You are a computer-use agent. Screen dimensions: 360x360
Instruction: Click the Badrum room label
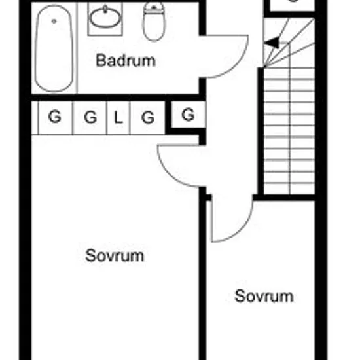click(x=126, y=61)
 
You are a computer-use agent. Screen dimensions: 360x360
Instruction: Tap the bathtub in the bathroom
click(x=54, y=48)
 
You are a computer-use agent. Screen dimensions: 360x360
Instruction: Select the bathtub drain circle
click(x=54, y=22)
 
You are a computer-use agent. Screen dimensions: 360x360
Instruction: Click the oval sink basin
click(x=105, y=18)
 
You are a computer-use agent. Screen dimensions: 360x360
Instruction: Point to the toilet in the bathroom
click(x=154, y=22)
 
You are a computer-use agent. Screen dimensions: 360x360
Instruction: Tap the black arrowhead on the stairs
click(x=272, y=43)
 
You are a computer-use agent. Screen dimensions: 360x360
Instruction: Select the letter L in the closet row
click(x=118, y=118)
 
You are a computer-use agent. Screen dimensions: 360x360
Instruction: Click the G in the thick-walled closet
click(x=189, y=115)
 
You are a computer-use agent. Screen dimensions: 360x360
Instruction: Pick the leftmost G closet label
click(x=55, y=117)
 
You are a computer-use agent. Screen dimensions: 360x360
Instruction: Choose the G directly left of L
click(x=90, y=117)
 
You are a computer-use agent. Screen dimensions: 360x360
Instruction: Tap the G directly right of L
click(x=148, y=117)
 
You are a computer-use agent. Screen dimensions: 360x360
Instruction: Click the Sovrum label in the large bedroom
click(x=115, y=255)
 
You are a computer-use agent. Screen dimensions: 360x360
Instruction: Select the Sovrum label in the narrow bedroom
click(x=264, y=296)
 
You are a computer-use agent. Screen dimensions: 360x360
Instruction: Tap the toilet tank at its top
click(x=154, y=7)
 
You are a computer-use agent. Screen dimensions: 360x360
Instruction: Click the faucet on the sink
click(x=105, y=9)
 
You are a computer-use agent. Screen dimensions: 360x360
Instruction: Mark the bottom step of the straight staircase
click(x=289, y=189)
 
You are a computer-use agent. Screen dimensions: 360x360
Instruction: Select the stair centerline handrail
click(x=290, y=119)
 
